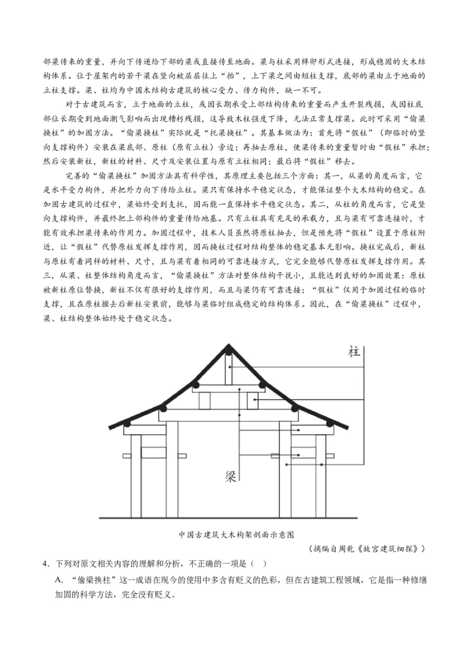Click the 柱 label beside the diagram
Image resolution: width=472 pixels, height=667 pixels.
point(355,352)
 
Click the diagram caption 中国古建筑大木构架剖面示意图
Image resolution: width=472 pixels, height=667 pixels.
point(236,534)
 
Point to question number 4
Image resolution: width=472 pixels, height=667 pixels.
point(45,564)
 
